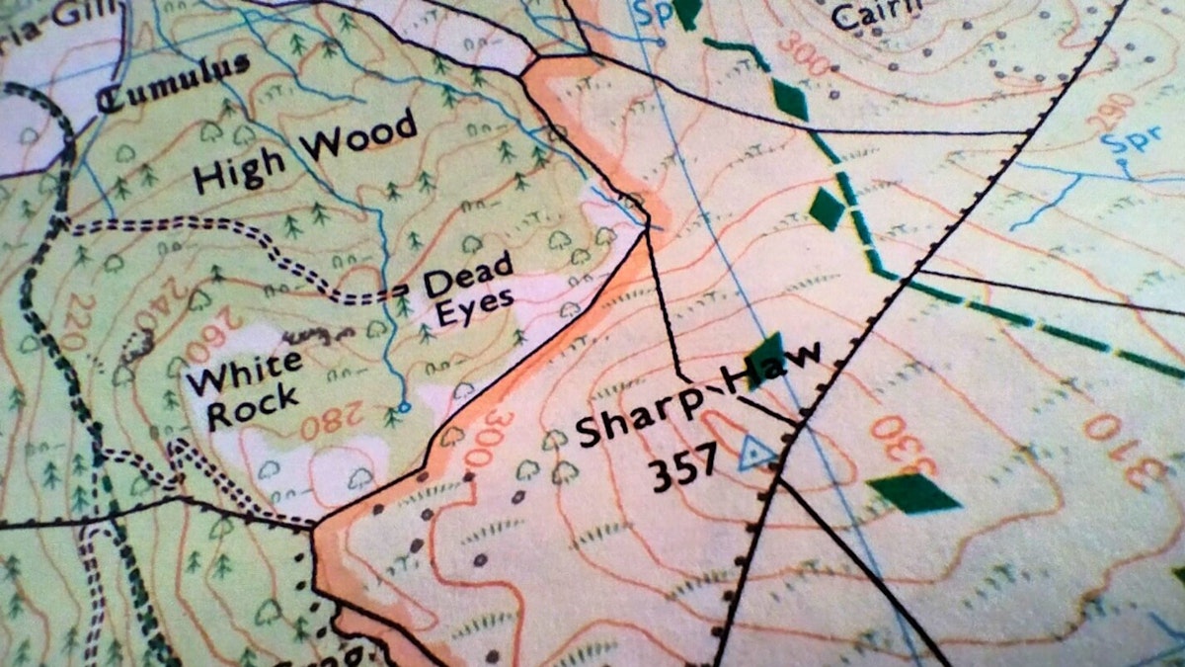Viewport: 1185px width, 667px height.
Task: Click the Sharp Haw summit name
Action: coord(697,399)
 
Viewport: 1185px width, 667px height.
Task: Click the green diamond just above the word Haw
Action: coord(764,350)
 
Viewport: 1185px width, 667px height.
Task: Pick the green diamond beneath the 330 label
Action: coord(912,492)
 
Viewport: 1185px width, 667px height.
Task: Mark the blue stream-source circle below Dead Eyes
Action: coord(403,406)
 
